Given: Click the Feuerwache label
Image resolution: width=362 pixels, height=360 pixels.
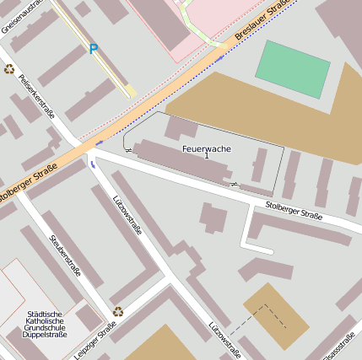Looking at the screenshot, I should [x=207, y=148].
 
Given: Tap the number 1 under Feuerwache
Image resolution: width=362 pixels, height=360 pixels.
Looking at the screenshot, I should [x=207, y=157].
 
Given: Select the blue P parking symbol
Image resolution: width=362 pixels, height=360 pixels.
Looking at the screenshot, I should [x=93, y=49].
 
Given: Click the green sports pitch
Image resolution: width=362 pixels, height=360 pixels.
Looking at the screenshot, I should [x=292, y=68].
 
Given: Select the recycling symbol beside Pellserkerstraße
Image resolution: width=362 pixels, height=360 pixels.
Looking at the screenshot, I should [x=9, y=70].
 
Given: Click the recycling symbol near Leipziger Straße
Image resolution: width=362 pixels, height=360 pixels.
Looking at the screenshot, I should [x=117, y=311].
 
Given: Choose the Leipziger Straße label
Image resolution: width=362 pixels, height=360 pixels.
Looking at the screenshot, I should [x=94, y=338].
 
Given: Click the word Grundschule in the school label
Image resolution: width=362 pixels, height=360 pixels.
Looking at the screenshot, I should [x=44, y=328].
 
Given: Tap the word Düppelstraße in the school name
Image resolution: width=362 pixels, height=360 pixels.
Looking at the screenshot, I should [x=44, y=336].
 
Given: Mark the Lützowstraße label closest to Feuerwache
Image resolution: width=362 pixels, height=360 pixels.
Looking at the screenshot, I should [x=127, y=216].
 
